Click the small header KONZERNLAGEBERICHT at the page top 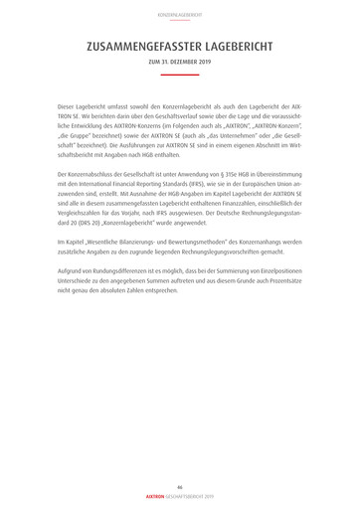[x=180, y=15]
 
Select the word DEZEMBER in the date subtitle [x=184, y=62]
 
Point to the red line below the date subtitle [x=180, y=74]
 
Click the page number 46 [x=180, y=486]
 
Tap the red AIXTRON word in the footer [x=155, y=496]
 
